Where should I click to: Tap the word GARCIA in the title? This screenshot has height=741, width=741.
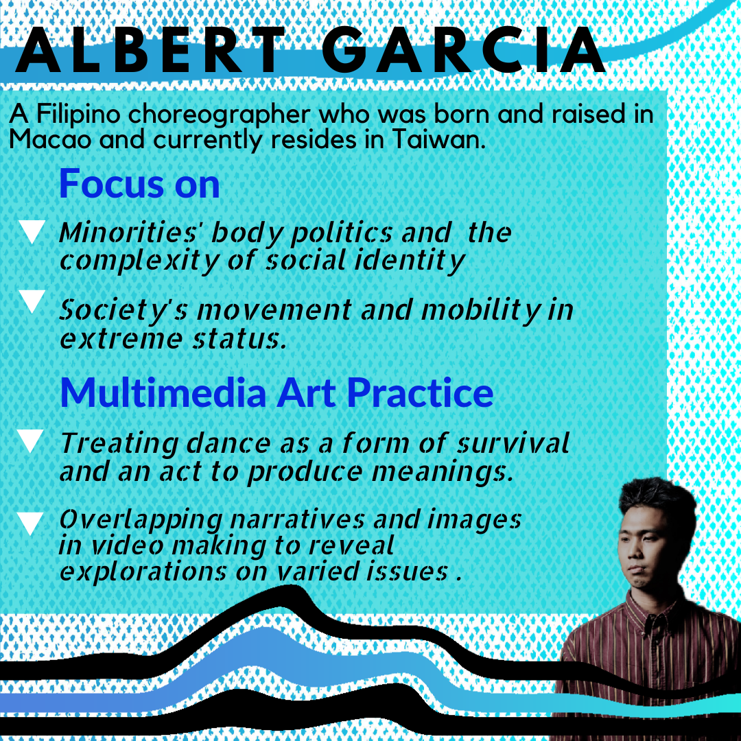coord(464,49)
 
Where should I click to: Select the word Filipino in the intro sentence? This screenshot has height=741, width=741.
coord(78,115)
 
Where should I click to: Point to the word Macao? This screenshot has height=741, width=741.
coord(49,140)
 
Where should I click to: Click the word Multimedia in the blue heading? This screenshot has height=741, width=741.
coord(163,392)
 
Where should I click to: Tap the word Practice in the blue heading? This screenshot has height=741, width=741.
coord(420,392)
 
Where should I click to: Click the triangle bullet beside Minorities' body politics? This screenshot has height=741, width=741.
coord(32,232)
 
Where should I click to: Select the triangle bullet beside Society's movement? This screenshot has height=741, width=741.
coord(32,301)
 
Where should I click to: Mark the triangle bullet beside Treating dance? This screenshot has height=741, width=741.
coord(31,441)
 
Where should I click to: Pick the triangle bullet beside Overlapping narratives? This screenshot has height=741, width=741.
coord(31,524)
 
